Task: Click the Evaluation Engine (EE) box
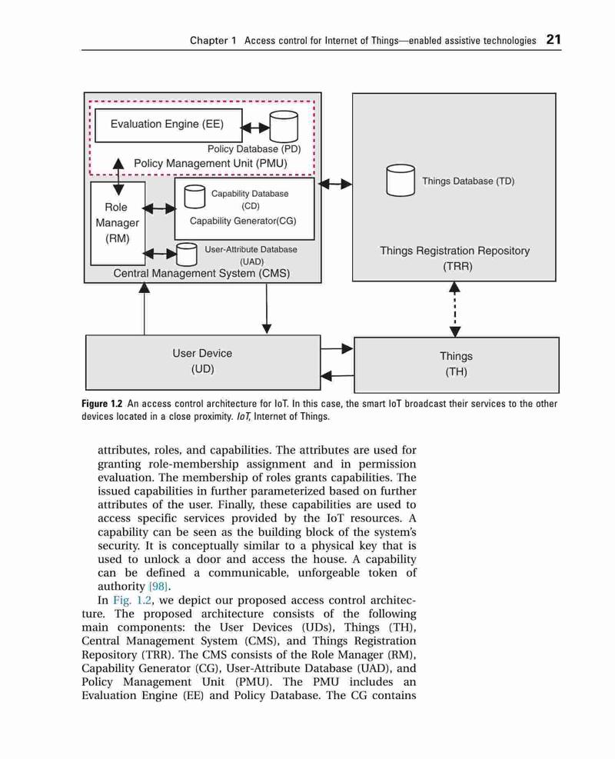click(x=168, y=125)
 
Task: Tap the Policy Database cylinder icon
click(x=284, y=126)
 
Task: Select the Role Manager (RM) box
click(x=118, y=223)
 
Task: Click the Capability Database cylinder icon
click(x=194, y=197)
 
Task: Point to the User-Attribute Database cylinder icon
click(x=186, y=255)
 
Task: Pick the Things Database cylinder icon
click(x=401, y=180)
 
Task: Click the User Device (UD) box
click(x=203, y=362)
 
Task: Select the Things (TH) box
click(x=457, y=365)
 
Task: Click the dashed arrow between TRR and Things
click(x=455, y=309)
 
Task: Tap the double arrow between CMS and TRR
click(x=335, y=184)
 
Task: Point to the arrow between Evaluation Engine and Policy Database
click(x=255, y=128)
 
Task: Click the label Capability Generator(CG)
click(x=243, y=221)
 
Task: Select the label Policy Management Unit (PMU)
click(x=211, y=163)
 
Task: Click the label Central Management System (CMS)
click(x=201, y=273)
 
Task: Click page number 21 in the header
click(x=553, y=39)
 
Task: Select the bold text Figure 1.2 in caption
click(x=102, y=404)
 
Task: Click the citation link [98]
click(x=158, y=587)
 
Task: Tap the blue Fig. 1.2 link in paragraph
click(x=132, y=601)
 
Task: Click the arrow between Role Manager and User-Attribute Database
click(x=160, y=254)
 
